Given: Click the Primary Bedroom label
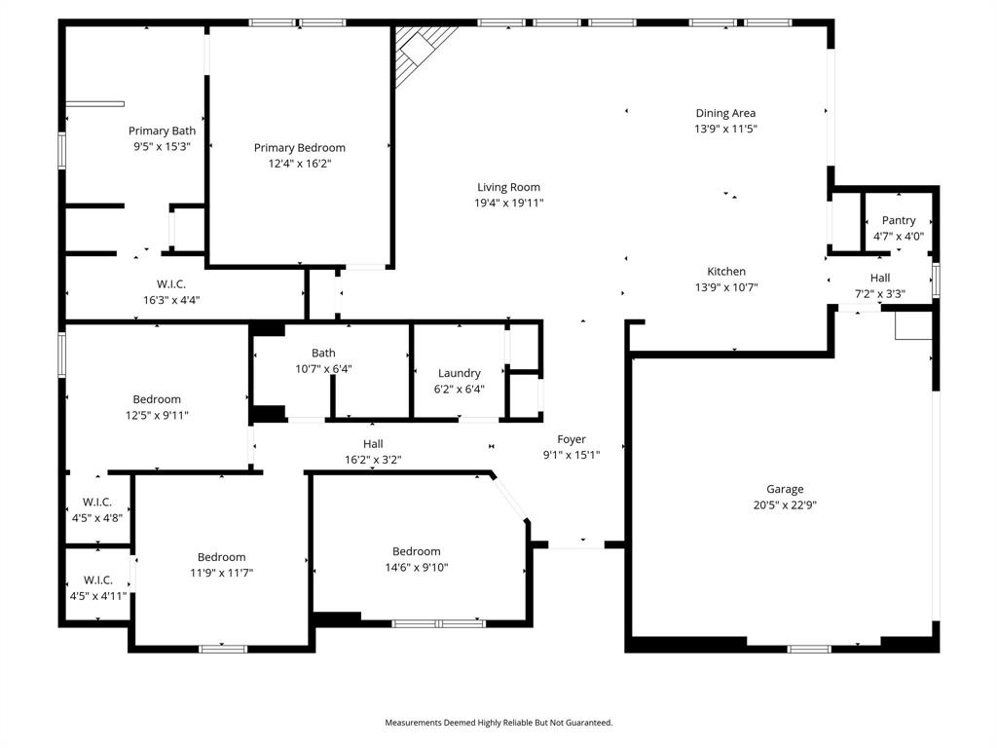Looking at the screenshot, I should coord(300,148).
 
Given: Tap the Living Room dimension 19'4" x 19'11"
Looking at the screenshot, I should coord(508,204).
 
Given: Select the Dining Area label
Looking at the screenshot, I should coord(725,113).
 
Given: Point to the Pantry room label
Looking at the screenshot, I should coord(898,221).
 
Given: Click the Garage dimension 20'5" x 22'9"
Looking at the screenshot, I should coord(784,505).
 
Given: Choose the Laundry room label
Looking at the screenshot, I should coord(459,373).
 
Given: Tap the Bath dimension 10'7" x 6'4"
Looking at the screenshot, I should coord(324,369).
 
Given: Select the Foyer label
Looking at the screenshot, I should coord(572,439).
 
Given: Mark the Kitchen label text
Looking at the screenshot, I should coord(726,272).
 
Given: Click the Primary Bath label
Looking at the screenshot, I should coord(162,131).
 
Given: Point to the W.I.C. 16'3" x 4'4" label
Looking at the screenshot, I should coord(171,292).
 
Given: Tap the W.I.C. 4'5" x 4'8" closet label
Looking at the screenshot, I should coord(95,510).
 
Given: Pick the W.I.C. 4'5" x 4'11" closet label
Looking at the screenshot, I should coord(97,588).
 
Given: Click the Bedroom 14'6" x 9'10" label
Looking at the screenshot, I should coord(417,559).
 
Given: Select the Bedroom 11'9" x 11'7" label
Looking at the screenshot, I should coord(222,565).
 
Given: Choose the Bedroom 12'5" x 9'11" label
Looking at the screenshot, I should coord(157,407).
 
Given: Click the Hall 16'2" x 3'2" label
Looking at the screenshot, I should coord(373,451).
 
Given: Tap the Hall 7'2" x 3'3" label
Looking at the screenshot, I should coord(880,285).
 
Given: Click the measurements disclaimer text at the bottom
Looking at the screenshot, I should coord(498,723).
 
